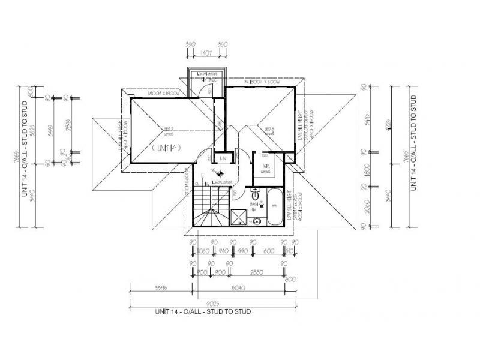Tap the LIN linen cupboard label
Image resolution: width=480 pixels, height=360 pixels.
[222, 158]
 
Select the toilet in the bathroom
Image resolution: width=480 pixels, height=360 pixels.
[256, 195]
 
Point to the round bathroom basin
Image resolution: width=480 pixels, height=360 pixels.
[257, 220]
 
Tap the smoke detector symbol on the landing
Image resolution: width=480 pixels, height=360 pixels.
[221, 175]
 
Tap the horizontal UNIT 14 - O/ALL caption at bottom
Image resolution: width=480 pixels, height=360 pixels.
[202, 312]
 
